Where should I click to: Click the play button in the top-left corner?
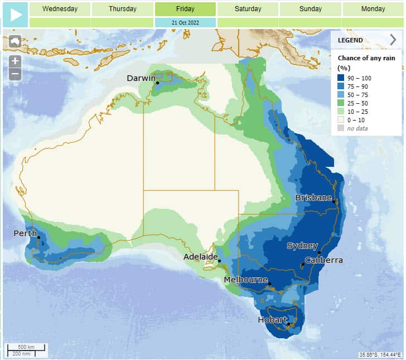pos(14,14)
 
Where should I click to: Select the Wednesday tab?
pos(60,9)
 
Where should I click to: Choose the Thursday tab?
pos(122,9)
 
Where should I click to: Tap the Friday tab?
pos(185,9)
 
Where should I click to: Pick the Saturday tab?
pos(248,9)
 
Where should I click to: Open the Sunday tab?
pos(310,9)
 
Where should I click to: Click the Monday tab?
pos(373,9)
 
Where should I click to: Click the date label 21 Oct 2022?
pos(185,22)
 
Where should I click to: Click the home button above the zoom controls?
pos(15,42)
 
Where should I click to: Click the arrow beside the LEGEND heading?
pos(393,40)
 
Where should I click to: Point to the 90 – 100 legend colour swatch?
pos(341,78)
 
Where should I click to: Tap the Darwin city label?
pos(141,78)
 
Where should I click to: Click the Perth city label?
pos(25,233)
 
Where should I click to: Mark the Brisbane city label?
pos(313,198)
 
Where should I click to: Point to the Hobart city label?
pos(272,320)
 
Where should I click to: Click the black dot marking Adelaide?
pos(219,261)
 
